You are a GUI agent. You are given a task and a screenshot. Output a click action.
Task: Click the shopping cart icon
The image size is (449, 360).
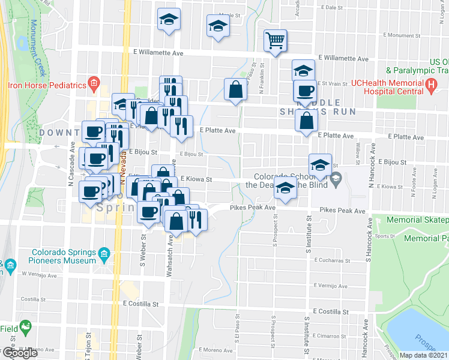coord(275,41)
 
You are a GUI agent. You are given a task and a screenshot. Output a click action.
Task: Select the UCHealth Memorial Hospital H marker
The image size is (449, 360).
coord(431,86)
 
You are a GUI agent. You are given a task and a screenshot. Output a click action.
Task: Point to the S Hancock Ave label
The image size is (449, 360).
coord(366,246)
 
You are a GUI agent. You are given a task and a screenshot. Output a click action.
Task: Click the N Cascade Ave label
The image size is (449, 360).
coord(71,156)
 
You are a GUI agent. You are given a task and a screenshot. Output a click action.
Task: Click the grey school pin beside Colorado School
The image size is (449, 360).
coord(336,177)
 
